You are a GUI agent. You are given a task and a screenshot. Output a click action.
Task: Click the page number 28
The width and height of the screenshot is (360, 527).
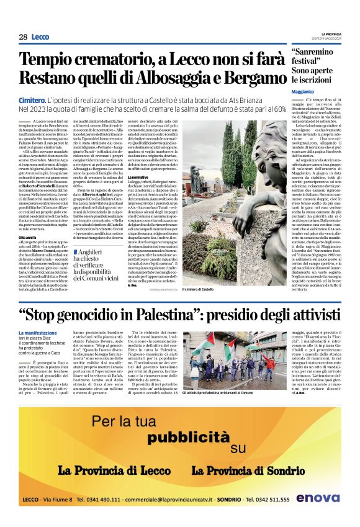click(x=22, y=37)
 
